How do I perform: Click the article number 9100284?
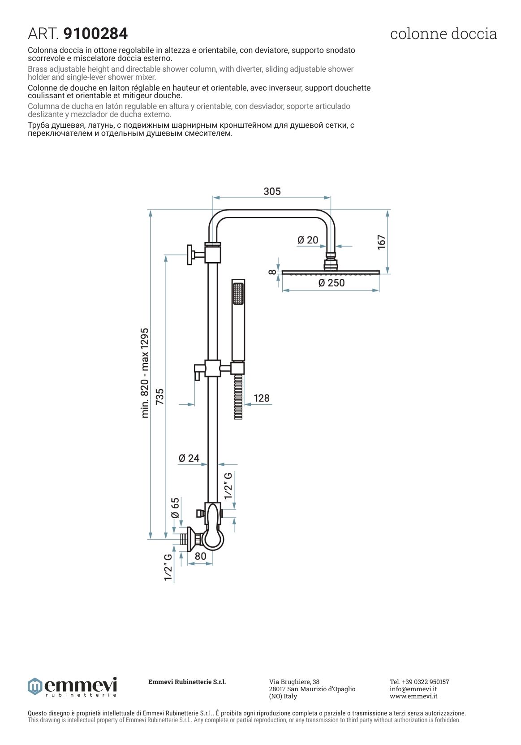(95, 34)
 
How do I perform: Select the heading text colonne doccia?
(443, 34)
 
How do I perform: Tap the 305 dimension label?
(272, 191)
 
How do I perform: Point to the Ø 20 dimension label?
(308, 240)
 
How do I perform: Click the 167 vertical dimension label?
(381, 242)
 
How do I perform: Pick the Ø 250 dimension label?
(331, 283)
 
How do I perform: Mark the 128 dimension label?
(261, 398)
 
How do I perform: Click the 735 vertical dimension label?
(159, 396)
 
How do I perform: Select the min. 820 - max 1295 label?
(145, 373)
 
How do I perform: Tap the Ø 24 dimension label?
(189, 458)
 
